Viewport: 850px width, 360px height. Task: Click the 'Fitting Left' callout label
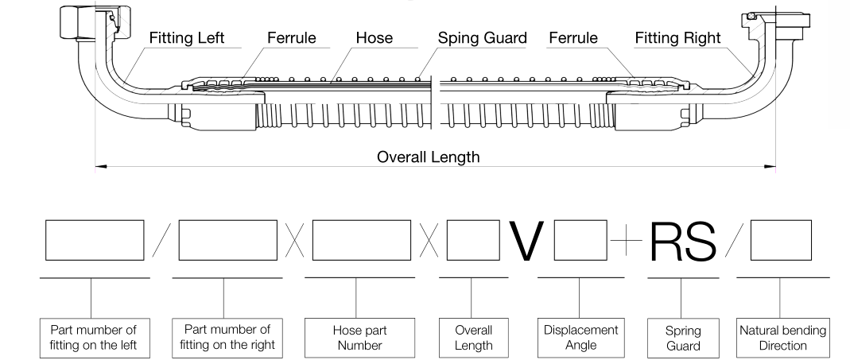tap(187, 38)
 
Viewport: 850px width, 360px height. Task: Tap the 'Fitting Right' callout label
tap(677, 38)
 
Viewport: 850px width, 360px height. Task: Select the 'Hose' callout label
tap(374, 38)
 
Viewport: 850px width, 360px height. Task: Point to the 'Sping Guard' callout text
tap(482, 38)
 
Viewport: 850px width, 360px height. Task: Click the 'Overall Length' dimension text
tap(429, 157)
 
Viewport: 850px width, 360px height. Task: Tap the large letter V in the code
tap(526, 241)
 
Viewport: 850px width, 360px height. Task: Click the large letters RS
tap(682, 241)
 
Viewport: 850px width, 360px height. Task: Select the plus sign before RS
tap(626, 240)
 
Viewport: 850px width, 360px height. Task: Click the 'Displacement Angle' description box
tap(580, 338)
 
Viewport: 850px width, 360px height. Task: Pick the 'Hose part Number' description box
tap(359, 338)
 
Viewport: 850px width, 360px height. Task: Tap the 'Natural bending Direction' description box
tap(782, 338)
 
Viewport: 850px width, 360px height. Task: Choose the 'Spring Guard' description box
tap(683, 338)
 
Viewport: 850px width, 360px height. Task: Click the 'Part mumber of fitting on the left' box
tap(95, 338)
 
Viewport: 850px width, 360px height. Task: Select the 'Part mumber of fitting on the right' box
tap(227, 338)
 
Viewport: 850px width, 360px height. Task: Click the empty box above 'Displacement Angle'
tap(580, 240)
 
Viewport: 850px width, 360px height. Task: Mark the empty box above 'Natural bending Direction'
tap(781, 240)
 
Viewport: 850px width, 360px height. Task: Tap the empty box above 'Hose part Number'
tap(362, 240)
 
